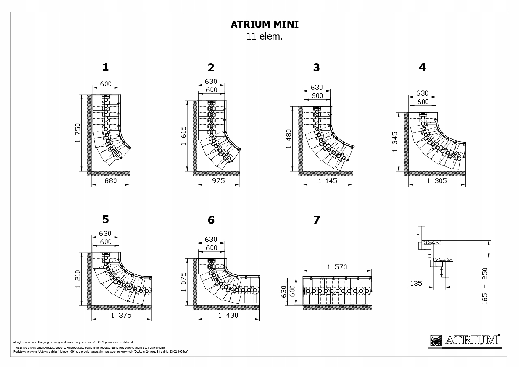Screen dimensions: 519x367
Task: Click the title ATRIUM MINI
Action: [265, 25]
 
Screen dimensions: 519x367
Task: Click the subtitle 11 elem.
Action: [265, 37]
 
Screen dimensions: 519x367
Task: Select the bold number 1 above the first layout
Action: [105, 67]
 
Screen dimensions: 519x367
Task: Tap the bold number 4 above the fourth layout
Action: [422, 67]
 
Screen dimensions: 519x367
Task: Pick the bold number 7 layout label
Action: [317, 220]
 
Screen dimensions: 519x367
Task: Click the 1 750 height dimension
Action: [78, 133]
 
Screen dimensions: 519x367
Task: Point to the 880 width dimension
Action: [111, 181]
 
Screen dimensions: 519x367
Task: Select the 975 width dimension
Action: [218, 181]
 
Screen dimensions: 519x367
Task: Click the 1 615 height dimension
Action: [183, 136]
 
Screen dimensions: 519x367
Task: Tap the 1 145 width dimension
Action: [328, 181]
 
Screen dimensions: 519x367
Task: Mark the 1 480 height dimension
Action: [289, 139]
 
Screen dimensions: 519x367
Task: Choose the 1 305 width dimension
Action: [437, 181]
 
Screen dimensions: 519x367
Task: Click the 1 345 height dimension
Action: [395, 142]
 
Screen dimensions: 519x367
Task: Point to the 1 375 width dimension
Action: [121, 315]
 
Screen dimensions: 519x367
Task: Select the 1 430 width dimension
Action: [228, 315]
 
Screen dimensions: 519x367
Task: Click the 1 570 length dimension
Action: [337, 267]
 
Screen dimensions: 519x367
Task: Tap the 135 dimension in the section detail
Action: [416, 283]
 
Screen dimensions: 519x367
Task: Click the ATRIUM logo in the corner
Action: [465, 340]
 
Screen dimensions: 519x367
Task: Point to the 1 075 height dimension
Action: [183, 282]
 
